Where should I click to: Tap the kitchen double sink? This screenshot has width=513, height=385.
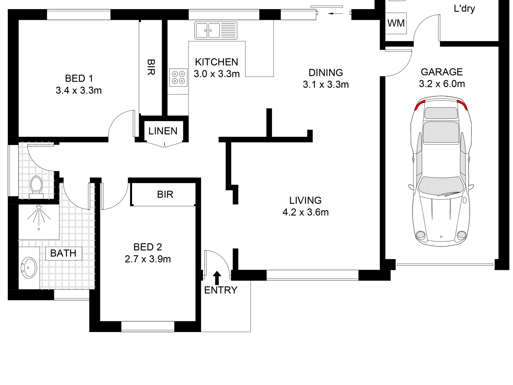tap(216, 31)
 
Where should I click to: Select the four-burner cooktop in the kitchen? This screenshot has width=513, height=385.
tap(178, 77)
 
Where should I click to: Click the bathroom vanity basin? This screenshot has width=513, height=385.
tap(29, 267)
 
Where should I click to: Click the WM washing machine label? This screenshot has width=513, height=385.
tap(396, 23)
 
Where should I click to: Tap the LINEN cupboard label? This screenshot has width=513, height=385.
tap(163, 131)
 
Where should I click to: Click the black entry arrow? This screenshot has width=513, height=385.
tap(217, 278)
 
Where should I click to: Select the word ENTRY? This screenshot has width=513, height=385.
tap(221, 290)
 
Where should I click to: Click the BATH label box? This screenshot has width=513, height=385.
tap(63, 253)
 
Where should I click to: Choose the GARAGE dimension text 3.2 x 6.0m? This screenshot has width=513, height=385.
tap(442, 84)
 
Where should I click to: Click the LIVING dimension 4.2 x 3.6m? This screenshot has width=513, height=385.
tap(305, 212)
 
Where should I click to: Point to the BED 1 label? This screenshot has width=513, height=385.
tap(79, 79)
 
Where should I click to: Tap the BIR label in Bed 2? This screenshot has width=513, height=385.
tap(165, 195)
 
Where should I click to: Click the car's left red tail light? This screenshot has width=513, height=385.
tap(420, 105)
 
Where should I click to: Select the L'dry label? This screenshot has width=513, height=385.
tap(464, 9)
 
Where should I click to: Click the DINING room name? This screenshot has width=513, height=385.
tap(326, 73)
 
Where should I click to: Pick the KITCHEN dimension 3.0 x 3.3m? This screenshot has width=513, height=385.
tap(217, 74)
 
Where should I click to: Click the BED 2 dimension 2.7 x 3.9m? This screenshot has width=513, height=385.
tap(148, 259)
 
